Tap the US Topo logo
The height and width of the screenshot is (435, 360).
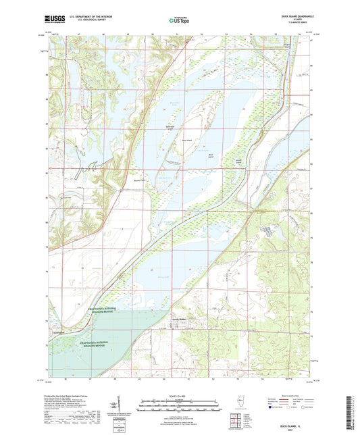click(180, 20)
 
